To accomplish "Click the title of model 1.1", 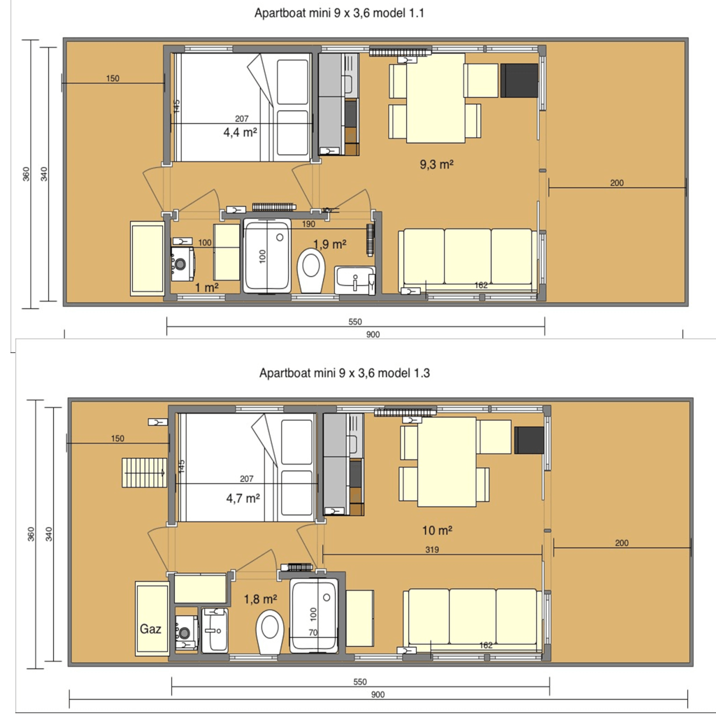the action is point(339,13).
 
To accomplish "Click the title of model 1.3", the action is point(345,373).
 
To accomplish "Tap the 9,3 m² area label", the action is point(436,164).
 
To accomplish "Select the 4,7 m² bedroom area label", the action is point(243,498).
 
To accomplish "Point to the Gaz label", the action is point(150,629).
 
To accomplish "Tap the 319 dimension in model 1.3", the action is point(432,550).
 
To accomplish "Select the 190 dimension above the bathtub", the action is point(308,224).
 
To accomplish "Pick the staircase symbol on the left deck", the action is point(144,473).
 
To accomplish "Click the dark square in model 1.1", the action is point(520,81).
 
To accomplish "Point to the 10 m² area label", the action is point(437,531).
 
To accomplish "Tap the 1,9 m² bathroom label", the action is point(330,245).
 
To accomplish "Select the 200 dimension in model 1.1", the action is point(617,183).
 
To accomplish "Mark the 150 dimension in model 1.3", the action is point(117,439).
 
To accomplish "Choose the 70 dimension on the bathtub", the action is point(313,633).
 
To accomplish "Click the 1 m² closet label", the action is point(207,287).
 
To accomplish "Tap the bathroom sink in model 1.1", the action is point(355,280).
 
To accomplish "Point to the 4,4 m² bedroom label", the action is point(240,132).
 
